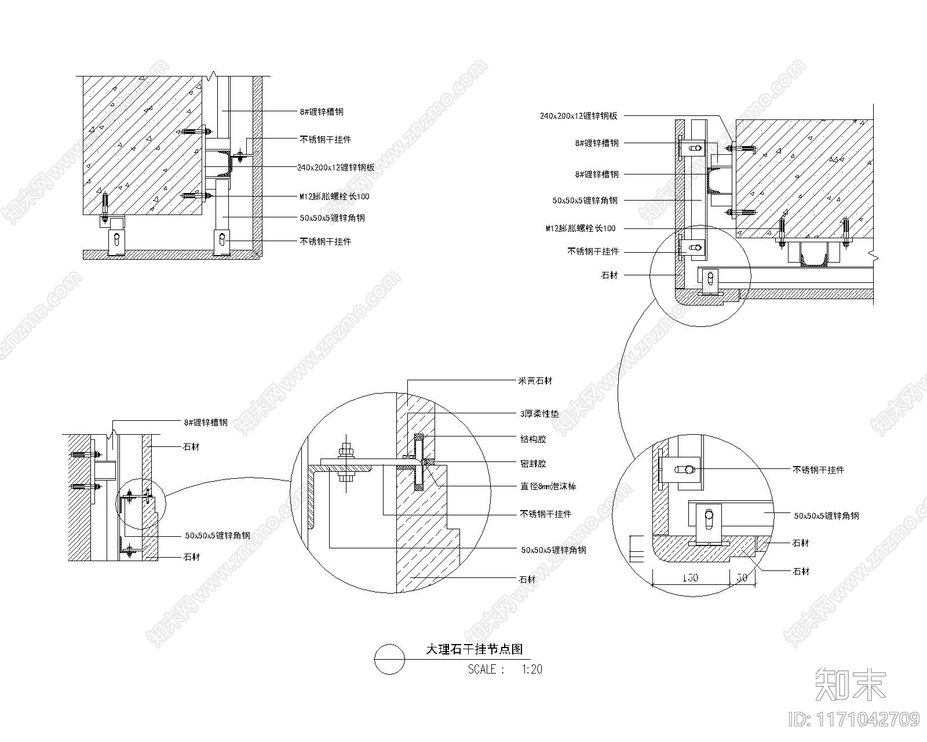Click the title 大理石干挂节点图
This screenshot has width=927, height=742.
pos(474,649)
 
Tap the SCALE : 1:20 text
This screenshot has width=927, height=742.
pos(505,670)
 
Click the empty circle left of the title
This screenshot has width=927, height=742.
pos(389,659)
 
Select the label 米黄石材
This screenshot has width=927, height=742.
pos(534,381)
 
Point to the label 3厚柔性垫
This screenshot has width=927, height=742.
pos(539,414)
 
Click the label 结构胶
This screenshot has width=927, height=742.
pos(533,439)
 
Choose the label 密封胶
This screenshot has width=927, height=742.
pos(533,464)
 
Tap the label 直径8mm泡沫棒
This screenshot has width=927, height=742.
pos(548,486)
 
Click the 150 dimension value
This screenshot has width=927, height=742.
pos(689,578)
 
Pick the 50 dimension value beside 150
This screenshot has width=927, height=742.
pos(742,578)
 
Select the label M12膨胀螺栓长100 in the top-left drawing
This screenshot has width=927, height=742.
pos(334,197)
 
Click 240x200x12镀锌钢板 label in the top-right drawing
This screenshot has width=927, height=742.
pos(578,116)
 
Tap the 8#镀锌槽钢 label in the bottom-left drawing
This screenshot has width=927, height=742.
pos(206,423)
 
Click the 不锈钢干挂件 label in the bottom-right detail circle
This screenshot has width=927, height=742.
pos(818,470)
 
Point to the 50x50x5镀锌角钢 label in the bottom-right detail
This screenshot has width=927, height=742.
pos(826,515)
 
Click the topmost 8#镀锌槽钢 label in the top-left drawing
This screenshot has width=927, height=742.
pos(325,112)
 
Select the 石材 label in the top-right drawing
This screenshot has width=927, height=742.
pos(609,275)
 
